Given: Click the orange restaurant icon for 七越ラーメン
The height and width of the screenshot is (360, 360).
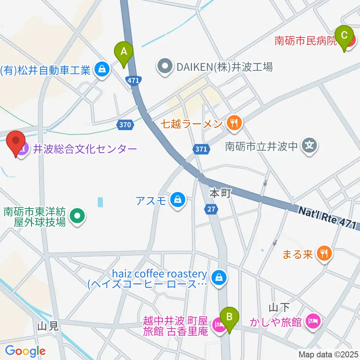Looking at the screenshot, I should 235,123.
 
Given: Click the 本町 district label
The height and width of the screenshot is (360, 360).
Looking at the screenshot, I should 219,193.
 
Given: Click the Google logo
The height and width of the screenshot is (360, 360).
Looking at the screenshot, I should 25,351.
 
